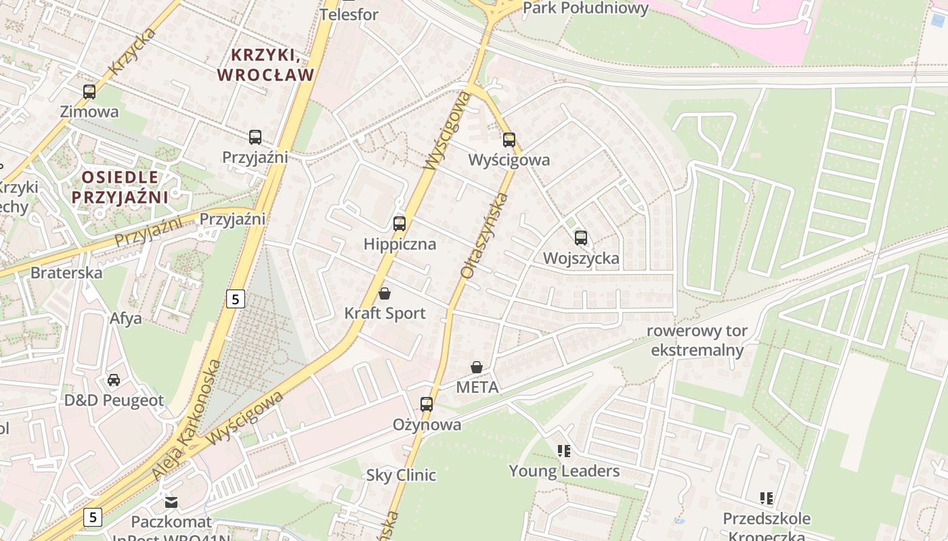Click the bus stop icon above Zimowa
(x=89, y=92)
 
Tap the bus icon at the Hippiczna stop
(x=400, y=223)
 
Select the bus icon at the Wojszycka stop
(x=581, y=238)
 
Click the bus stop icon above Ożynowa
(x=427, y=404)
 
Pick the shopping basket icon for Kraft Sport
(x=385, y=293)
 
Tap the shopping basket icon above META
(x=477, y=367)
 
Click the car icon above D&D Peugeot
(x=114, y=380)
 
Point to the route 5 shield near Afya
(x=235, y=298)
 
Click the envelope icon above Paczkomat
(x=171, y=502)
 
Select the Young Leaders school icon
(x=564, y=450)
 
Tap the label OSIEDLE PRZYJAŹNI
(x=120, y=187)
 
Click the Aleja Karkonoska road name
(x=187, y=420)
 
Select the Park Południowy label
(x=586, y=8)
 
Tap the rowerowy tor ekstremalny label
(x=697, y=340)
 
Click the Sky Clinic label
(x=401, y=475)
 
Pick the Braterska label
(x=66, y=273)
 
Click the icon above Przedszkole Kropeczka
(x=767, y=499)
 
